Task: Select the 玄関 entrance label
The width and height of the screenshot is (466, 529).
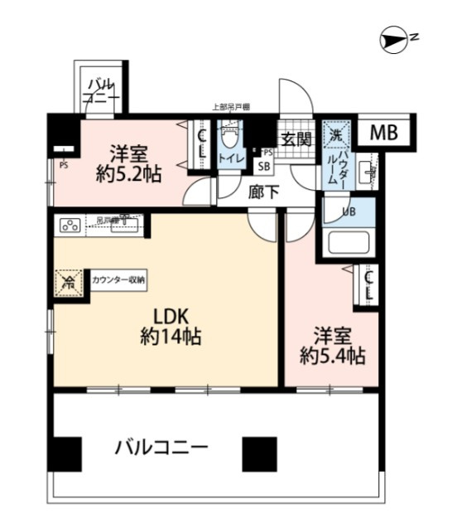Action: tap(294, 139)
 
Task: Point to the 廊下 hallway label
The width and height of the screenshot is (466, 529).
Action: tap(265, 189)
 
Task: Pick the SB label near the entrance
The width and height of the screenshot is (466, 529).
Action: tap(265, 165)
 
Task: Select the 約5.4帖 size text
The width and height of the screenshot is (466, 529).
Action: tap(332, 357)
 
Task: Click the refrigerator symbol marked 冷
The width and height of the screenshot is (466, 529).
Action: tap(68, 283)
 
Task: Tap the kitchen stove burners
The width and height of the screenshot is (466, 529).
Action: tap(69, 224)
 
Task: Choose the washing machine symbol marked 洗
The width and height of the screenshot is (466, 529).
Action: tap(336, 134)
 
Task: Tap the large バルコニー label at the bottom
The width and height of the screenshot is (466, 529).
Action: tap(161, 449)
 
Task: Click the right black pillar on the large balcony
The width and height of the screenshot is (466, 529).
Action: tap(257, 453)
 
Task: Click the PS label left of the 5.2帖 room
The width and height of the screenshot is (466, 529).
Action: tap(63, 163)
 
